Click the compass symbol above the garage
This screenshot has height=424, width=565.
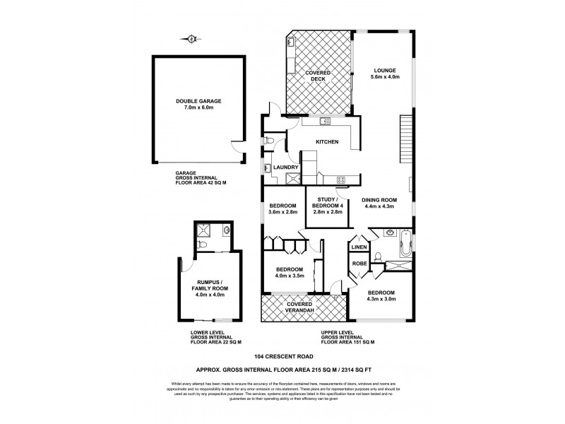tap(191, 39)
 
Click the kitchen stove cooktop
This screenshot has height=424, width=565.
tap(340, 179)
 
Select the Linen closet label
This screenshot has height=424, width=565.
tap(359, 247)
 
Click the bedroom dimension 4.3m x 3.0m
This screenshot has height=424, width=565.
tap(379, 299)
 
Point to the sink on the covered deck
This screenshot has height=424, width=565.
tap(291, 44)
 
